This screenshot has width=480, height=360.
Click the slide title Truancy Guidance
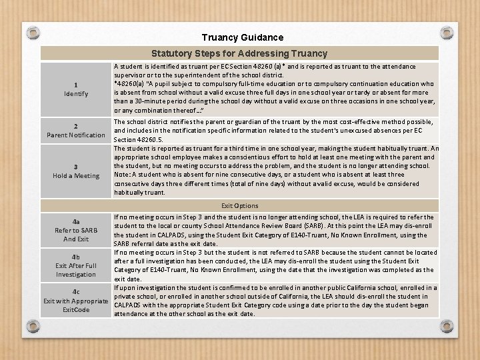pyautogui.click(x=242, y=38)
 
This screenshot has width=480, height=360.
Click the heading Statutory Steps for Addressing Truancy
pyautogui.click(x=239, y=53)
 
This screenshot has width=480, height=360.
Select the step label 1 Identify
pyautogui.click(x=76, y=89)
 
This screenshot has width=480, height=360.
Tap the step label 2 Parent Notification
pyautogui.click(x=76, y=130)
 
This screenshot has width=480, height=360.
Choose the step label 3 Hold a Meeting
pyautogui.click(x=76, y=171)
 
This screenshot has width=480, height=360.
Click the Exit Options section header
pyautogui.click(x=240, y=206)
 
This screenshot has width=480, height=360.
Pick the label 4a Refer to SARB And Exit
pyautogui.click(x=76, y=230)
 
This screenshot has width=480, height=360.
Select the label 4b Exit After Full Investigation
pyautogui.click(x=76, y=265)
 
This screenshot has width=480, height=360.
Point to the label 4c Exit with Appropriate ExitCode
pyautogui.click(x=76, y=301)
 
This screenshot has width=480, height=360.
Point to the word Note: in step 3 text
pyautogui.click(x=123, y=174)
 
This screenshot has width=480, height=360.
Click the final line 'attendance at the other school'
pyautogui.click(x=180, y=313)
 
